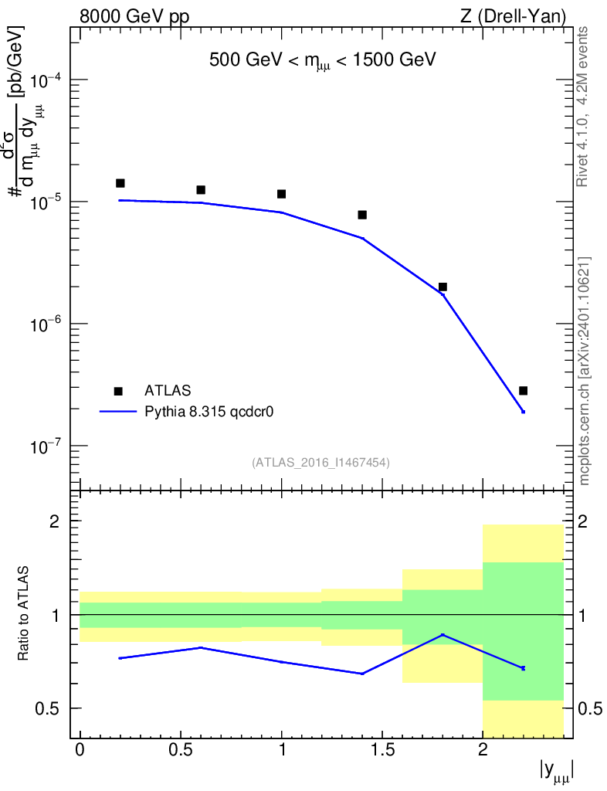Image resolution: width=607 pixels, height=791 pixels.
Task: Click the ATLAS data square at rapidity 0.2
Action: [x=120, y=183]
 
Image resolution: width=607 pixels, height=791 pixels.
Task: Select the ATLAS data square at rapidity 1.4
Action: [x=362, y=215]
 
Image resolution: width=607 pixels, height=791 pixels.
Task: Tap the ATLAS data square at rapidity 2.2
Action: [x=523, y=391]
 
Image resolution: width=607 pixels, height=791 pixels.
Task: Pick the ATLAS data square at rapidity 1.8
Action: [x=443, y=287]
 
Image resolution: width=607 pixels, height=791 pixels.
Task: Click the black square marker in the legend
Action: [x=118, y=391]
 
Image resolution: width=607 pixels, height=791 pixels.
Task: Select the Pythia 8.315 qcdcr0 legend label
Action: [x=210, y=412]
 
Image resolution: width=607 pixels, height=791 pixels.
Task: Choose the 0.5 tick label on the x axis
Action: [x=180, y=750]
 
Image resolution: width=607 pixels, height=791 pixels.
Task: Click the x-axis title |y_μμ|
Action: [x=555, y=770]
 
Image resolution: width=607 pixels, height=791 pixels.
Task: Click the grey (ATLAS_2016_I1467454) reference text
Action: [x=320, y=463]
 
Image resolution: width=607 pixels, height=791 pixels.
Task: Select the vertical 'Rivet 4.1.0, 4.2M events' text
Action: [x=584, y=106]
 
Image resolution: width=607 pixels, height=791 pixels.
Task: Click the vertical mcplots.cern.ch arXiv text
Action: [x=584, y=371]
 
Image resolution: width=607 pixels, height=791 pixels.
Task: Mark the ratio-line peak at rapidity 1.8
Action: [x=443, y=635]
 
